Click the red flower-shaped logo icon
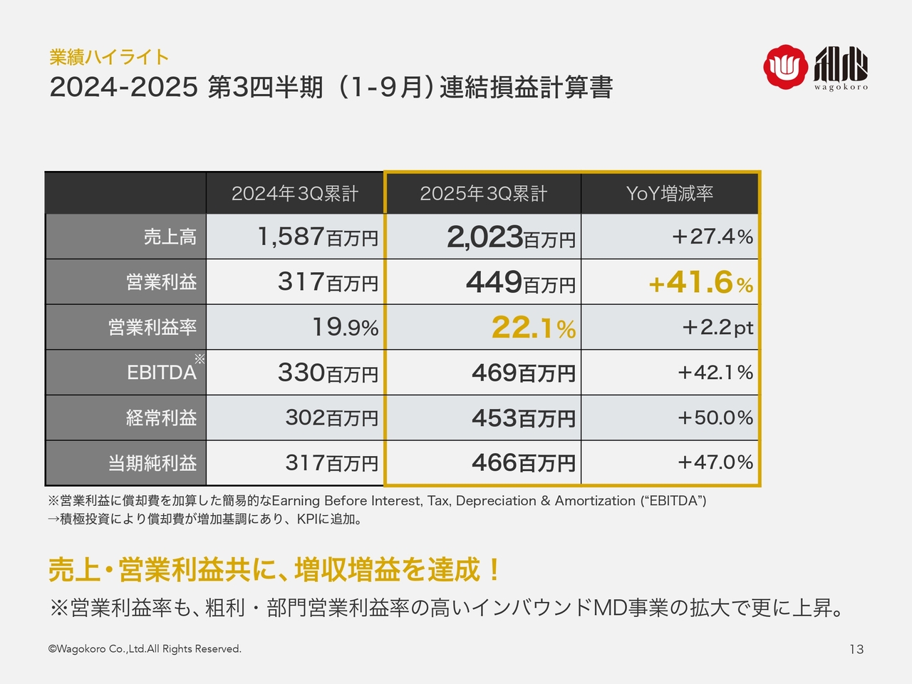click(x=785, y=67)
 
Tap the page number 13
click(x=856, y=649)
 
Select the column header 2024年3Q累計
click(x=295, y=194)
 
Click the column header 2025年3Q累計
click(x=483, y=194)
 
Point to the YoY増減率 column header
click(x=670, y=194)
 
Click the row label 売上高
click(x=170, y=237)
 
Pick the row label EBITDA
click(x=162, y=373)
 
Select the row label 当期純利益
click(x=152, y=463)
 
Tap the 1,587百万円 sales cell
click(x=318, y=237)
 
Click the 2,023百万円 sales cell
click(x=511, y=237)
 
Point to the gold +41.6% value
click(x=700, y=283)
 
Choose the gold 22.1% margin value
click(x=533, y=328)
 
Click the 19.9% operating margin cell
click(x=345, y=327)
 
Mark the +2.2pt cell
click(x=717, y=327)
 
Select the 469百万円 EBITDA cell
click(x=523, y=373)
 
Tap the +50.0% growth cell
click(x=715, y=418)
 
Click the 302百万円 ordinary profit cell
click(x=331, y=418)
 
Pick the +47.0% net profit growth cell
click(x=715, y=462)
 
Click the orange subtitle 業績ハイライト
click(x=109, y=57)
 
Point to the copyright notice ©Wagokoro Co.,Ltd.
click(x=145, y=649)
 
